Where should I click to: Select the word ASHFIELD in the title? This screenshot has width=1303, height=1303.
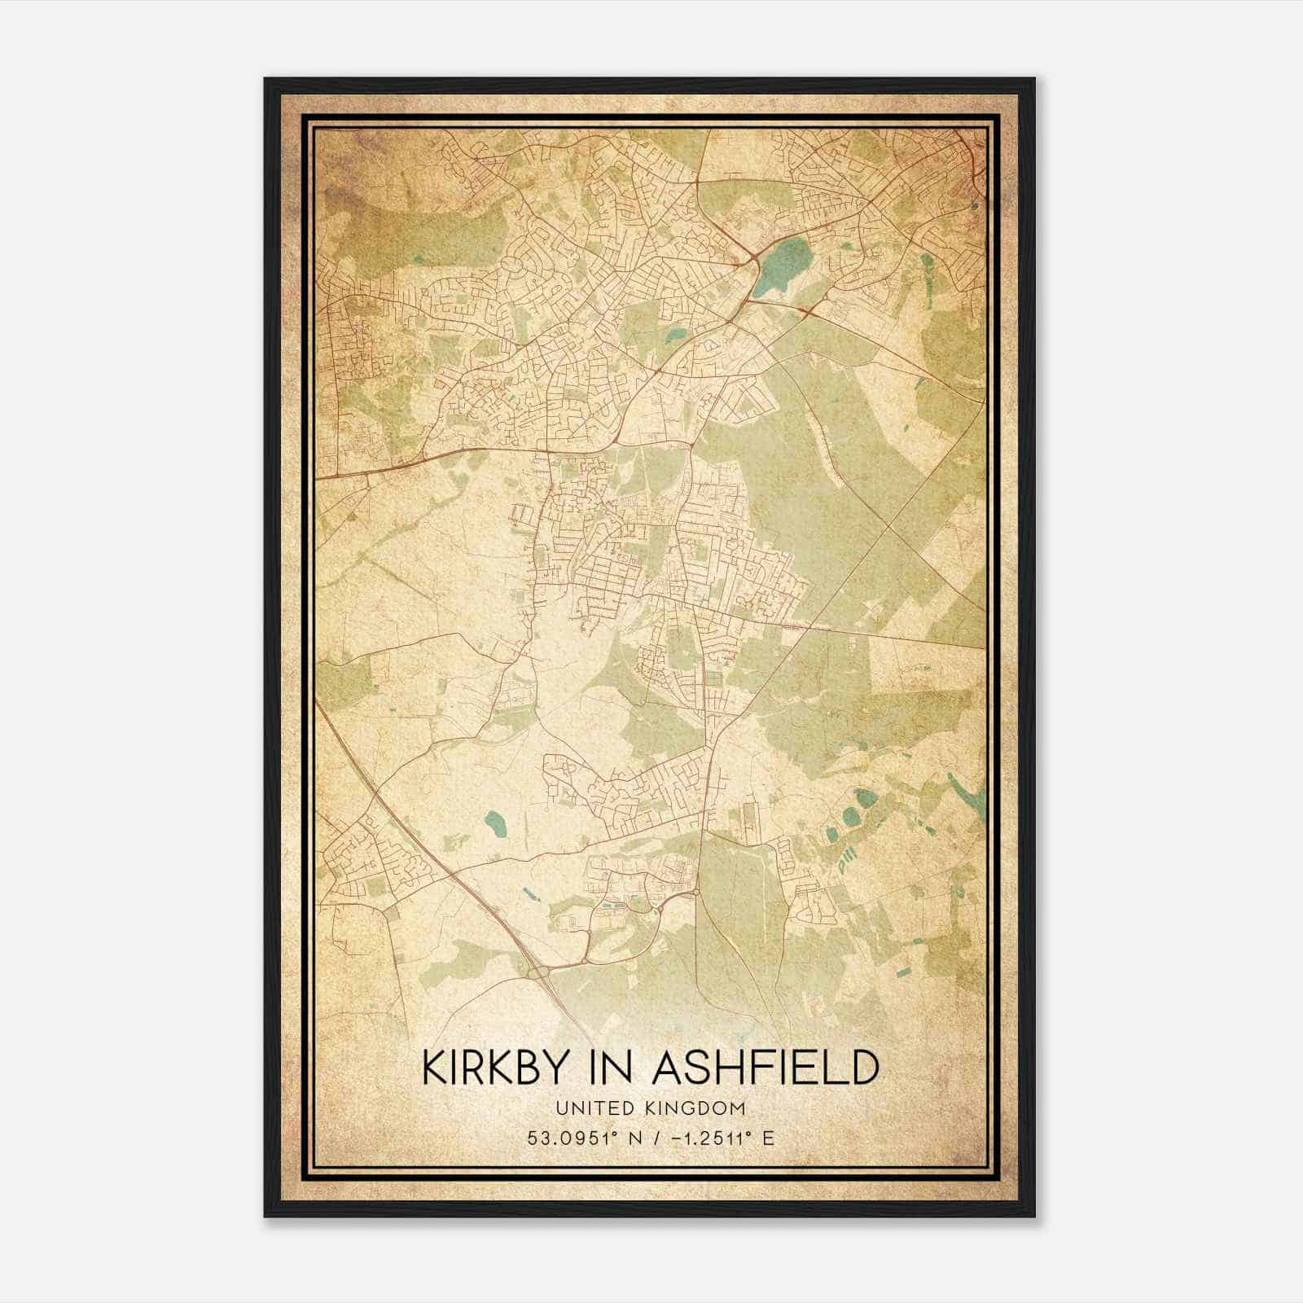(766, 1068)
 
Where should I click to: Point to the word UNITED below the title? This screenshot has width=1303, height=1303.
(590, 1108)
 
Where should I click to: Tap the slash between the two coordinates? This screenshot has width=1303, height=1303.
(648, 1138)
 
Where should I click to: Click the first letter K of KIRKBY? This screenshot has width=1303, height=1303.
(434, 1068)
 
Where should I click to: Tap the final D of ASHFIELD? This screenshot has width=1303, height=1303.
(865, 1068)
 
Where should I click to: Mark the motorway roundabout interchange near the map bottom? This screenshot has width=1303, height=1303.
(540, 971)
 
